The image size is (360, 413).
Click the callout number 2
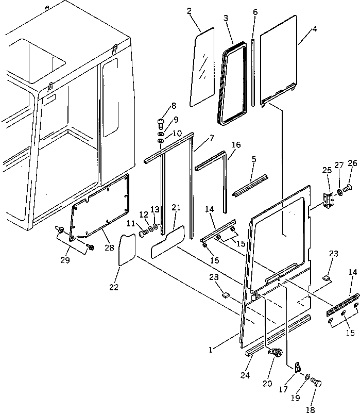[190, 11]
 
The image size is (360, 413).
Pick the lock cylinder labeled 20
[276, 354]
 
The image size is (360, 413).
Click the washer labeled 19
[306, 379]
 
